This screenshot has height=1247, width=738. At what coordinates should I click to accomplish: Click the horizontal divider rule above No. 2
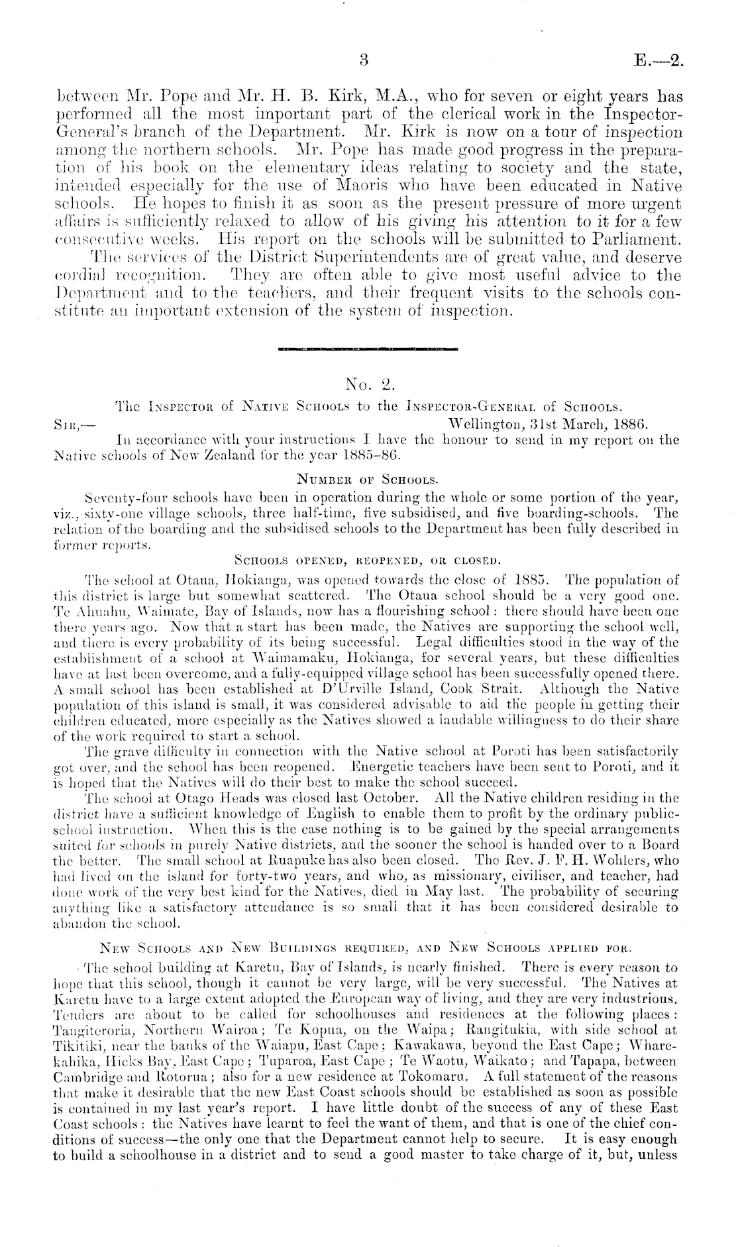click(369, 347)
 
